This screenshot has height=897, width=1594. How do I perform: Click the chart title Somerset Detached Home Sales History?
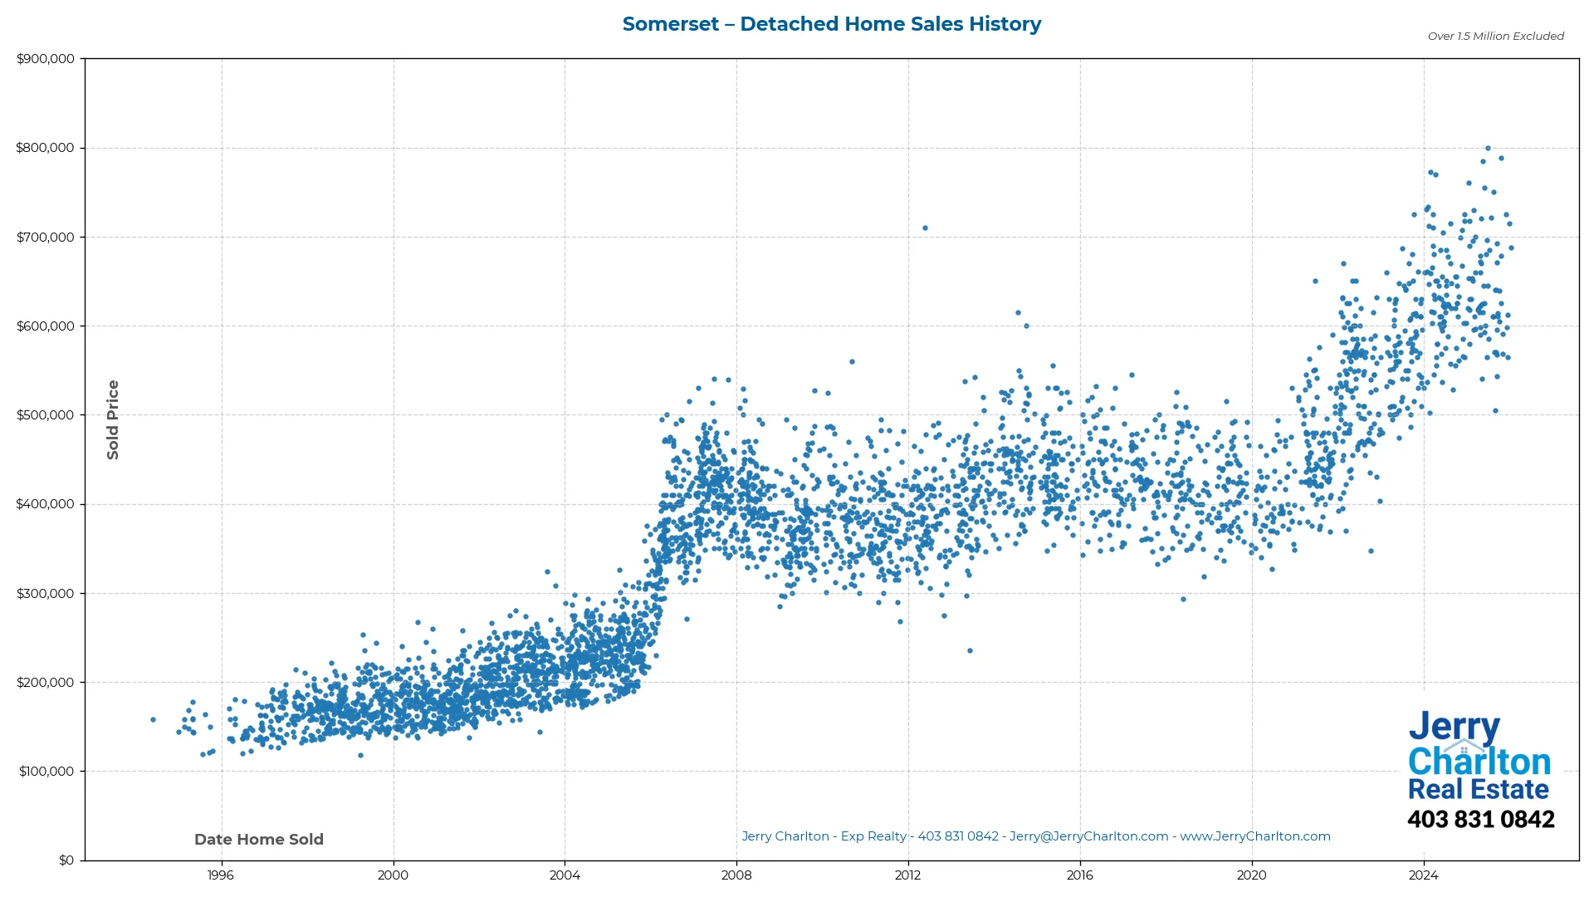831,24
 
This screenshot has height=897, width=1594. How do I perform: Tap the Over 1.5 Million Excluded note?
1495,37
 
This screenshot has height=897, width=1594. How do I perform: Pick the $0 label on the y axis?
66,860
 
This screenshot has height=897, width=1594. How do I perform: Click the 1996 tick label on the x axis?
221,875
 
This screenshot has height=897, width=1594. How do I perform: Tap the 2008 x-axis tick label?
736,875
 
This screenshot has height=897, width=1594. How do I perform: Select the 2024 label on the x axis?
1424,875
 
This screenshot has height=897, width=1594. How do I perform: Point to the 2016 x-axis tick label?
1080,875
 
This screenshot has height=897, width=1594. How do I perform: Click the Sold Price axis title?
113,419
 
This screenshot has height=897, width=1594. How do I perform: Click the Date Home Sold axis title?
259,840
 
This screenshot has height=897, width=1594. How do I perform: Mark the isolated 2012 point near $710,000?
925,228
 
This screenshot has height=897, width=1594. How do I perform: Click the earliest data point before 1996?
153,720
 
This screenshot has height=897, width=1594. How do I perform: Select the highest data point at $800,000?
1488,149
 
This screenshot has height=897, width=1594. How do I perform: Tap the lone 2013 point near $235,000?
970,651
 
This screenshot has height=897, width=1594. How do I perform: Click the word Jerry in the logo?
1454,727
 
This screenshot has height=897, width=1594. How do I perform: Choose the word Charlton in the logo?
1479,762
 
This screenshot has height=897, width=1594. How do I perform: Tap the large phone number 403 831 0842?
1480,820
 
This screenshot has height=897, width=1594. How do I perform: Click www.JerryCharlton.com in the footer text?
1254,836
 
